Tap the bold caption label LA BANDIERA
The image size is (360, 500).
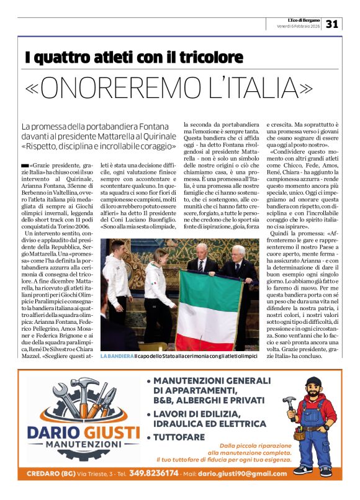pos(116,356)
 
